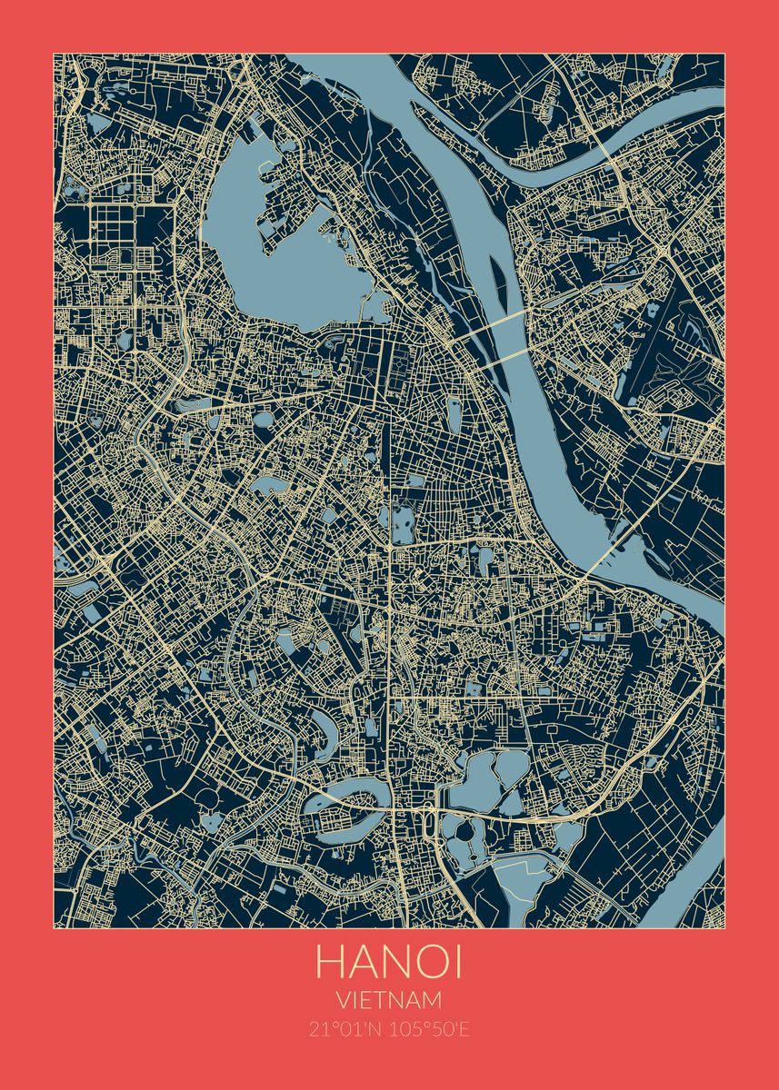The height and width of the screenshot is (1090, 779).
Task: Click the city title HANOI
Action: pos(389,963)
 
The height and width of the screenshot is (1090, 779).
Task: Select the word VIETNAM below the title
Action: pos(389,1000)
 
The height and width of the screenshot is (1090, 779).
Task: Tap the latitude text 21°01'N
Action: pos(345,1029)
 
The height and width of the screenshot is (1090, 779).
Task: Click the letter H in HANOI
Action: pos(330,963)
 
